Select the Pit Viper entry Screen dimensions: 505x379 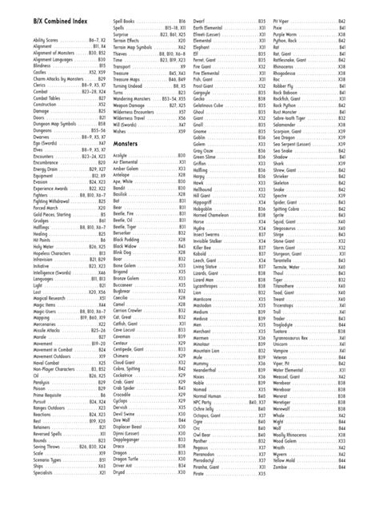[281, 18]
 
